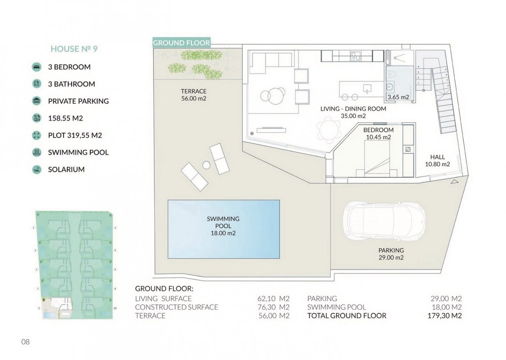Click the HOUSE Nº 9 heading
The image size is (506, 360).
pyautogui.click(x=74, y=49)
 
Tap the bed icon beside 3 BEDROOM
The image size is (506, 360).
pyautogui.click(x=36, y=67)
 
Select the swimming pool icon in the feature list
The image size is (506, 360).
pyautogui.click(x=36, y=152)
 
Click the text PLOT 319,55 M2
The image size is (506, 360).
pyautogui.click(x=75, y=135)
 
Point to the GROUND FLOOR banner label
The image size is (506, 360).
pyautogui.click(x=182, y=43)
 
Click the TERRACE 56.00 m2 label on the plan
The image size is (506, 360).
pyautogui.click(x=194, y=95)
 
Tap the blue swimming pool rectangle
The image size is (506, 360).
pyautogui.click(x=223, y=229)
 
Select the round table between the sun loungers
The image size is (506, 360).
pyautogui.click(x=206, y=165)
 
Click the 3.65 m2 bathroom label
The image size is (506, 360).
pyautogui.click(x=398, y=97)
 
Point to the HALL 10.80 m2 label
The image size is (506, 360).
pyautogui.click(x=437, y=160)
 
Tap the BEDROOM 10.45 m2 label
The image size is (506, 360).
pyautogui.click(x=378, y=133)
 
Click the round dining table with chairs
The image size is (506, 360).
pyautogui.click(x=328, y=130)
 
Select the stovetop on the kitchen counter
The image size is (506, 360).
pyautogui.click(x=355, y=56)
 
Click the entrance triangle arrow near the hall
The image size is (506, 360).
pyautogui.click(x=455, y=181)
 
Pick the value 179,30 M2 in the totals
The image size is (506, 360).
pyautogui.click(x=444, y=316)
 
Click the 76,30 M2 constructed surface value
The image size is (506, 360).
pyautogui.click(x=273, y=307)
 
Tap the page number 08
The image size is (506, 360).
pyautogui.click(x=25, y=342)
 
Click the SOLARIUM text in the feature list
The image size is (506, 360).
pyautogui.click(x=66, y=169)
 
